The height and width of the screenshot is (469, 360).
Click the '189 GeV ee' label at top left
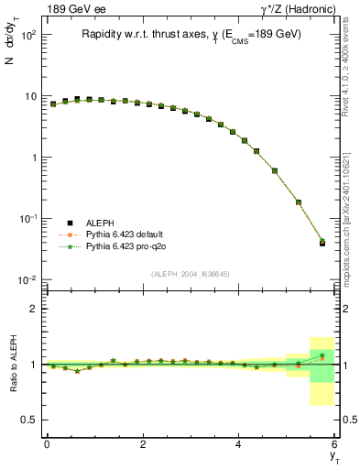tap(71, 9)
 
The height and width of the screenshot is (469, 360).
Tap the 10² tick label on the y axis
tap(27, 35)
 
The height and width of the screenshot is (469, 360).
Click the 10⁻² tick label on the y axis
tap(27, 279)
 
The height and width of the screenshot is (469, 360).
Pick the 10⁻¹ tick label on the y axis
tap(27, 218)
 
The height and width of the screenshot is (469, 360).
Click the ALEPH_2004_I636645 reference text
tap(191, 275)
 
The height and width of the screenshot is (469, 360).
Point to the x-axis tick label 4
tap(239, 444)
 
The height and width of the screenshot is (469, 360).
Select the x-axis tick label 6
tap(335, 444)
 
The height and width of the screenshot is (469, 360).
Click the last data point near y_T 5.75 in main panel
tap(322, 243)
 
